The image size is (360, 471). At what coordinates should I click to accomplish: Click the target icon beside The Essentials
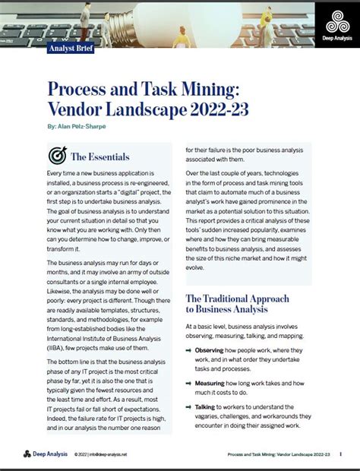tap(56, 156)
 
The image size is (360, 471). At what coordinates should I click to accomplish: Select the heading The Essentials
tap(100, 156)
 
